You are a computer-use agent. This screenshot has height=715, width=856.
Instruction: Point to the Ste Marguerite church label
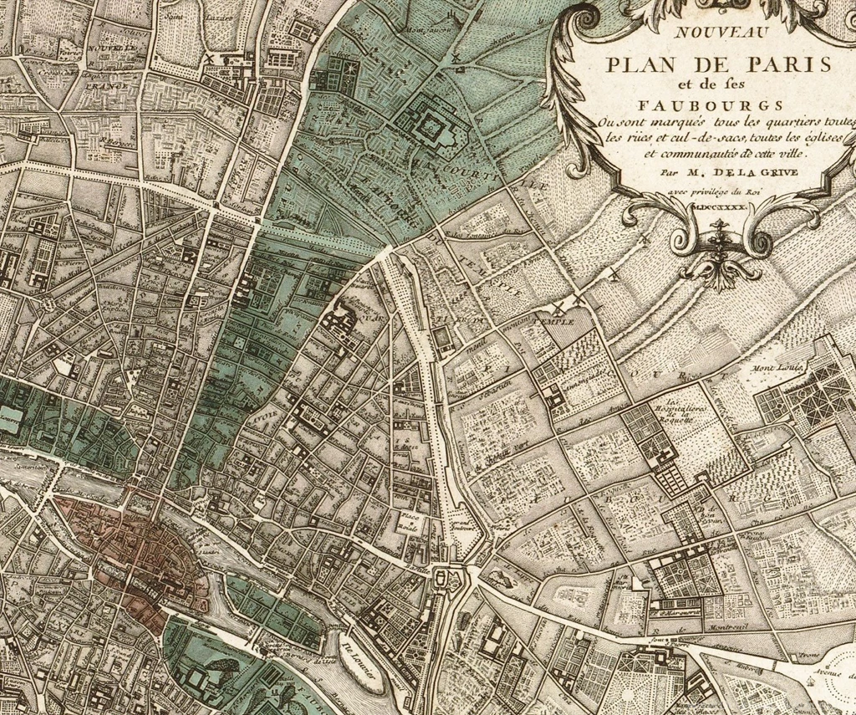click(679, 612)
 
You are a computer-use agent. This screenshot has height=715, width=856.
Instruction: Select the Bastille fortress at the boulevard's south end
click(446, 577)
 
